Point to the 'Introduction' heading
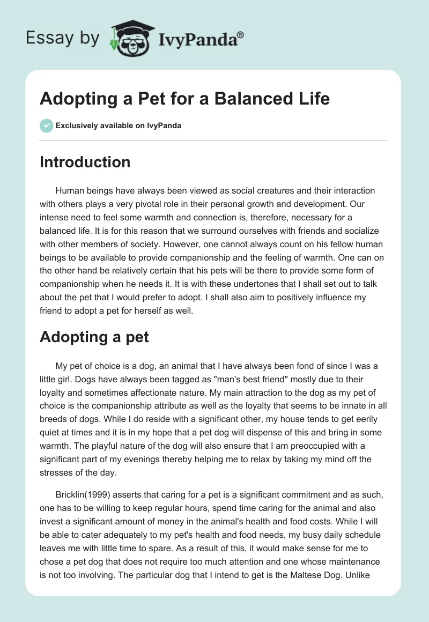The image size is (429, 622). (x=85, y=162)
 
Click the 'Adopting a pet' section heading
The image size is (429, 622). (x=94, y=337)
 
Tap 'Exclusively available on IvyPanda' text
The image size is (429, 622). (x=118, y=125)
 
